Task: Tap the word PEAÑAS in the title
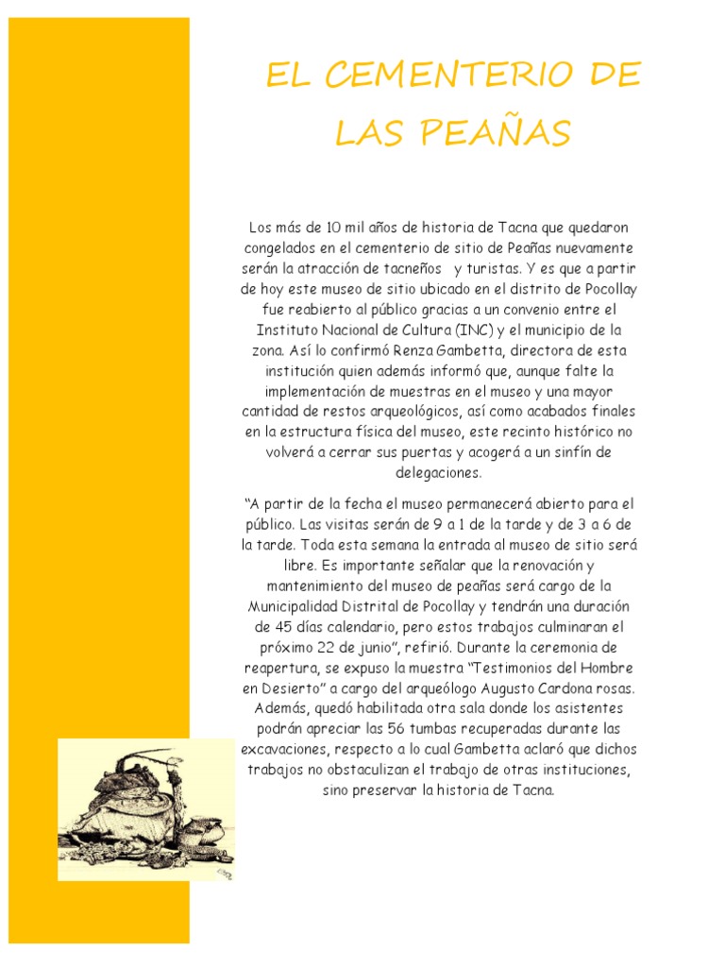(500, 134)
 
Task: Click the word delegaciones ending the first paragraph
(439, 473)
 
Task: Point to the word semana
(408, 544)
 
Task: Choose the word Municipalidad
(299, 605)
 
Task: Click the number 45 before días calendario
(265, 626)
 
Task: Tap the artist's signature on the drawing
(223, 874)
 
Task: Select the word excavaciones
(283, 749)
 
